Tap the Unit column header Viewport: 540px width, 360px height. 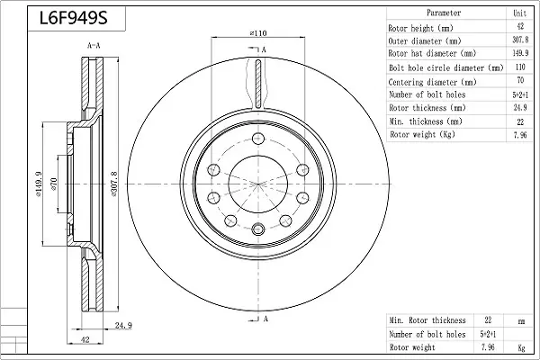pyautogui.click(x=520, y=13)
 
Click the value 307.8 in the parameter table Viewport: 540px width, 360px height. pyautogui.click(x=520, y=40)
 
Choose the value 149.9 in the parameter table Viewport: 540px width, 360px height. pyautogui.click(x=520, y=54)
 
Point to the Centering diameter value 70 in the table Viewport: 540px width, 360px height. pyautogui.click(x=520, y=81)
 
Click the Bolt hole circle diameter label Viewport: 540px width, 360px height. pyautogui.click(x=445, y=67)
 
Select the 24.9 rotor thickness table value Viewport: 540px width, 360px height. pyautogui.click(x=520, y=107)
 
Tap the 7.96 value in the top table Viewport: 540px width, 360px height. pyautogui.click(x=520, y=134)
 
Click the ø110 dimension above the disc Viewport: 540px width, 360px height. pyautogui.click(x=258, y=33)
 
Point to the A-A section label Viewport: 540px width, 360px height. pyautogui.click(x=94, y=45)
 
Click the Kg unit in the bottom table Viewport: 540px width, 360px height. pyautogui.click(x=519, y=346)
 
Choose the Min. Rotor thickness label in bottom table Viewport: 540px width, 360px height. pyautogui.click(x=427, y=320)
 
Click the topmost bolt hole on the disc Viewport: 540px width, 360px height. pyautogui.click(x=258, y=138)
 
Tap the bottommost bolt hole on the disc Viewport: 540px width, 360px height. pyautogui.click(x=258, y=227)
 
